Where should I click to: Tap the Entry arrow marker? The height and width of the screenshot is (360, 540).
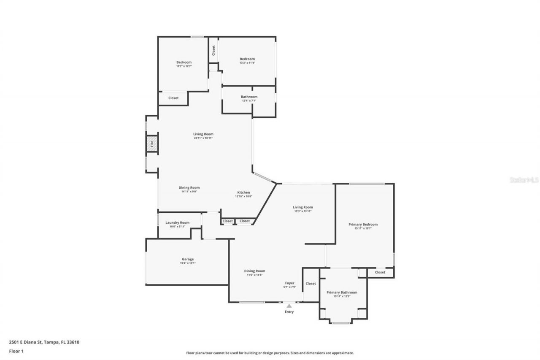(289, 306)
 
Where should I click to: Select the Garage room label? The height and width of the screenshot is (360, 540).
(188, 259)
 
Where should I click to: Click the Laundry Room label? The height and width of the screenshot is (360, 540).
(177, 222)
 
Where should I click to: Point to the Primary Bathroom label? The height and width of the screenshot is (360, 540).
(342, 292)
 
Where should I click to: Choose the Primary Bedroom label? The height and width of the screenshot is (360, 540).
(363, 225)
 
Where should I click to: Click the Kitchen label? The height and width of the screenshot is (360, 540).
(243, 192)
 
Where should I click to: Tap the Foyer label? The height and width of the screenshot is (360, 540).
(289, 283)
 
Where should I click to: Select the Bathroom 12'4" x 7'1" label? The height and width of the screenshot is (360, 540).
(249, 97)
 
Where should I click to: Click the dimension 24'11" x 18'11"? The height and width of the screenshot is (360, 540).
(203, 138)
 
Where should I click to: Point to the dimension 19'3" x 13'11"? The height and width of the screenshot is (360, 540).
(303, 211)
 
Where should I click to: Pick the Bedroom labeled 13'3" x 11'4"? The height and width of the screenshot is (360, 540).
(247, 59)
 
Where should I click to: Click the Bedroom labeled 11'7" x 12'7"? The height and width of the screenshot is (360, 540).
(184, 62)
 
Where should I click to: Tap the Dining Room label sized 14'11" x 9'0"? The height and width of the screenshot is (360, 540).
(189, 187)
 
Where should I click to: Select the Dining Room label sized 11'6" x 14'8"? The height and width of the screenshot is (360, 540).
(255, 271)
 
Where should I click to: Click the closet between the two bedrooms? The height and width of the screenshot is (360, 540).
(213, 51)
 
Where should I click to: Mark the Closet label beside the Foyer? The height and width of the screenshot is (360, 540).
(311, 284)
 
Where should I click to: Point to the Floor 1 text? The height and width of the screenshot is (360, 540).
(16, 351)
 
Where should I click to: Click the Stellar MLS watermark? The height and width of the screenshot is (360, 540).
(524, 180)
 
